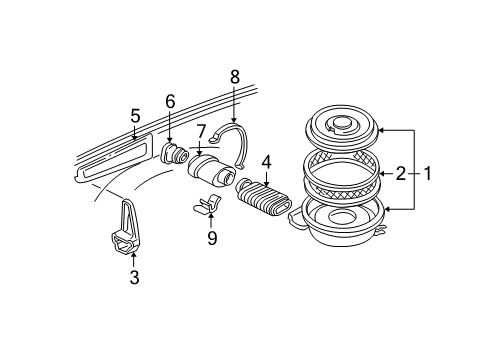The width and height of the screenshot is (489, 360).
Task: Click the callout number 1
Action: click(x=429, y=172)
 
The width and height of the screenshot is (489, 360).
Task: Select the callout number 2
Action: click(x=401, y=172)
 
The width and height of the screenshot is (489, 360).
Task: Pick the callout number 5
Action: click(x=135, y=115)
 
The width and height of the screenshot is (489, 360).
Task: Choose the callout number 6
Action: click(x=170, y=100)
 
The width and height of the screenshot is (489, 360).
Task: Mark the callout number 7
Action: click(x=201, y=130)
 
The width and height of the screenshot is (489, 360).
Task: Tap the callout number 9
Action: click(x=211, y=237)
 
